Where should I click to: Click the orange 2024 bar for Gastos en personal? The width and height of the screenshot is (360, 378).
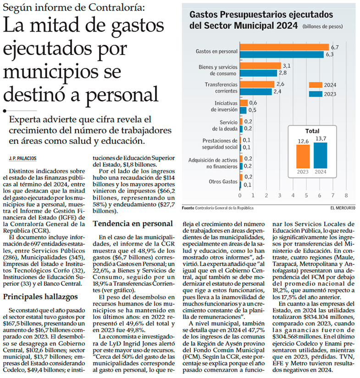(x=284, y=47)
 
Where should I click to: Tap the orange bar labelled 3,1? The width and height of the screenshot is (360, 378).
(x=260, y=66)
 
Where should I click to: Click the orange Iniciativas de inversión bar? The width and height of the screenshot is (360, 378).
(x=244, y=103)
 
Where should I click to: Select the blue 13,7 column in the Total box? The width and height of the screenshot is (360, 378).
(x=321, y=155)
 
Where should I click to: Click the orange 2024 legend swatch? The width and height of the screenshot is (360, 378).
(x=315, y=85)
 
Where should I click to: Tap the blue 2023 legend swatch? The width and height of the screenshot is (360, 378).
(x=315, y=94)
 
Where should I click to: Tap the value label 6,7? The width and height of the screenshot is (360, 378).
(x=335, y=47)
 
